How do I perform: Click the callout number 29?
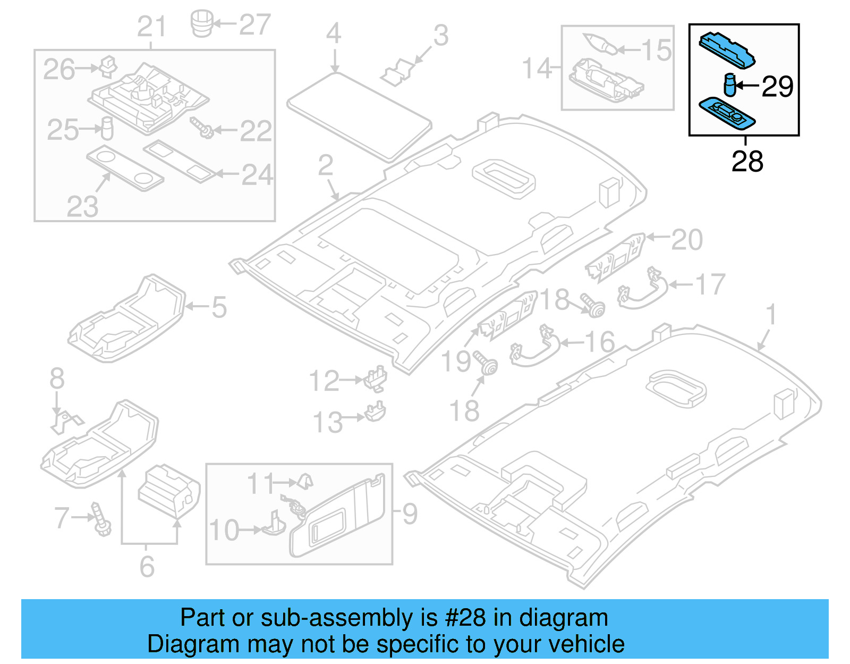pyautogui.click(x=777, y=86)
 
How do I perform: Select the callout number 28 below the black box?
pyautogui.click(x=747, y=161)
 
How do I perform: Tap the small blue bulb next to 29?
pyautogui.click(x=730, y=85)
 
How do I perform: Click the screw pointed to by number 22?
pyautogui.click(x=202, y=127)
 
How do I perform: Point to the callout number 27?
pyautogui.click(x=255, y=24)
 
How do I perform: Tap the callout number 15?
pyautogui.click(x=657, y=51)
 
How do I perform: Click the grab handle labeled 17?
pyautogui.click(x=643, y=290)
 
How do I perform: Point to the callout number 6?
pyautogui.click(x=147, y=567)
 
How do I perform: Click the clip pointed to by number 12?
pyautogui.click(x=376, y=377)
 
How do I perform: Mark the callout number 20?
pyautogui.click(x=687, y=240)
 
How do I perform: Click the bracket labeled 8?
pyautogui.click(x=66, y=422)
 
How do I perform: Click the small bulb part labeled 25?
pyautogui.click(x=107, y=128)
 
